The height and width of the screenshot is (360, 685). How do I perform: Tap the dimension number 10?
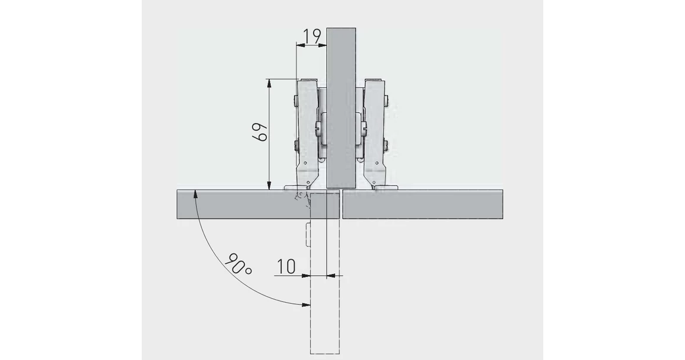286,266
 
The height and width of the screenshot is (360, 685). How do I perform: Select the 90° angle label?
239,263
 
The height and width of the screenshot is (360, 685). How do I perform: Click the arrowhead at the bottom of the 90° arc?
306,304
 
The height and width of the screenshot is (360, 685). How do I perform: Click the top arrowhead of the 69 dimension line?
269,83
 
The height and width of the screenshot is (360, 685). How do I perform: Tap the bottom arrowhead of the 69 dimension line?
269,185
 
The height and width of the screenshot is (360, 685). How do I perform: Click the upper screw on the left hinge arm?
295,102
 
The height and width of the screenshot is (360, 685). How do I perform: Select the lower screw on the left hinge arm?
295,145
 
